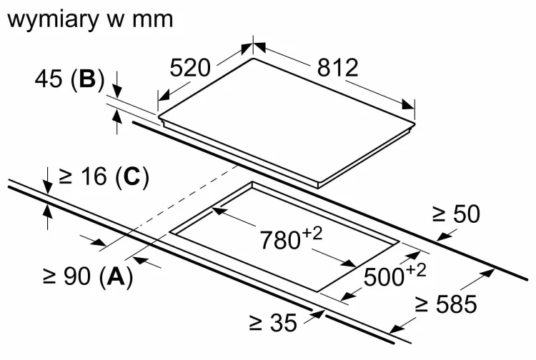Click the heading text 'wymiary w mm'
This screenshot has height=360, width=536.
[90, 20]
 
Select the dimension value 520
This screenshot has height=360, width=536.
[189, 68]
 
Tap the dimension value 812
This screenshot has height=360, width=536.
[337, 68]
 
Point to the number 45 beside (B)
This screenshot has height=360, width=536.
[49, 79]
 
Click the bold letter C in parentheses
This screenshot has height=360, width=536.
[131, 176]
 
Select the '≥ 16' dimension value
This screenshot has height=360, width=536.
[83, 176]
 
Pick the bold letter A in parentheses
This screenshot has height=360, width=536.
[116, 276]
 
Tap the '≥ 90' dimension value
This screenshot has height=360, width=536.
[67, 276]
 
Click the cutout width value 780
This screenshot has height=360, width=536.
[280, 240]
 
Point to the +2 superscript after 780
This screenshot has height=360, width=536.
[312, 234]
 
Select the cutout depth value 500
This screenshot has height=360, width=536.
[384, 276]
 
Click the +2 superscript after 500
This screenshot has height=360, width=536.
[417, 270]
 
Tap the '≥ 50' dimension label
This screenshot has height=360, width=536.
[457, 214]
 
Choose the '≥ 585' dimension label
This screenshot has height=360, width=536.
[446, 304]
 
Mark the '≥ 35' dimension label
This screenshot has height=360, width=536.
[273, 322]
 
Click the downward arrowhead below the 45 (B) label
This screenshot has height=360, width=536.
[117, 92]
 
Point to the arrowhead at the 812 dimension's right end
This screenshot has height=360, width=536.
[408, 104]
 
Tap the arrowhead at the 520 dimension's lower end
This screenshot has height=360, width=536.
[164, 96]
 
